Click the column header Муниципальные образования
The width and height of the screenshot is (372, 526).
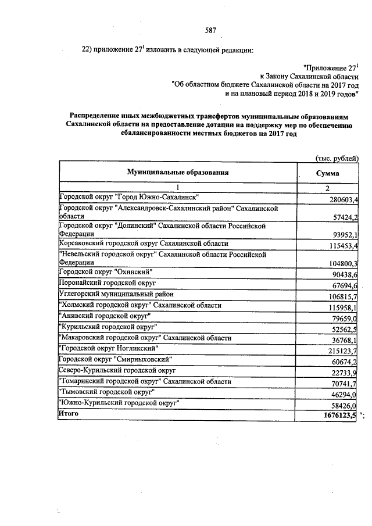[x=178, y=172]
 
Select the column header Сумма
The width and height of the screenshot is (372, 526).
[x=327, y=173]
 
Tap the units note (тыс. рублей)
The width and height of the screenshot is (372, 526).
[x=337, y=158]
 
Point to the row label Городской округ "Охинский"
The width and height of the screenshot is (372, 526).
[x=106, y=271]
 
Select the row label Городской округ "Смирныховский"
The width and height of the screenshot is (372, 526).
[x=116, y=360]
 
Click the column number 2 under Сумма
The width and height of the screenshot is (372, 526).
[x=327, y=188]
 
